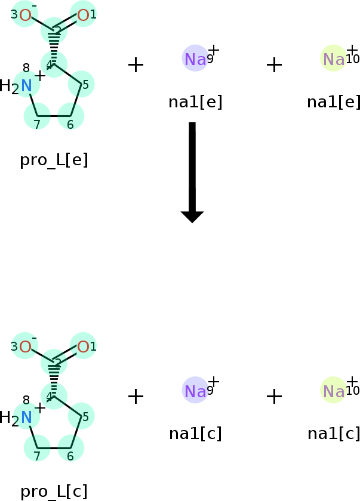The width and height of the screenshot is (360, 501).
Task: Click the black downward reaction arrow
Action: click(x=192, y=172)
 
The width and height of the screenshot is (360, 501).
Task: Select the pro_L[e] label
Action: click(x=54, y=160)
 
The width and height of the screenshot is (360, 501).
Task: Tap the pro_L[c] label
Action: click(x=54, y=491)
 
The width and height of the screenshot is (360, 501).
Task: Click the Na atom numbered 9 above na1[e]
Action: click(x=195, y=59)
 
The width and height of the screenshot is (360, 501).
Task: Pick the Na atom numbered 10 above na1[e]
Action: click(x=334, y=59)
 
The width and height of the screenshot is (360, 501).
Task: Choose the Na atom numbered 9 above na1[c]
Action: click(x=195, y=391)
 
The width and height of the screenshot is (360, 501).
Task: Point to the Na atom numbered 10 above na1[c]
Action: click(x=334, y=391)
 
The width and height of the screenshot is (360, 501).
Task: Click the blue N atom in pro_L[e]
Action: click(x=26, y=86)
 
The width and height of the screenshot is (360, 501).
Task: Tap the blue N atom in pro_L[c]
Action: click(x=26, y=417)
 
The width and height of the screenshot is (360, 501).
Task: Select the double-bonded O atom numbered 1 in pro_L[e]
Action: click(x=83, y=15)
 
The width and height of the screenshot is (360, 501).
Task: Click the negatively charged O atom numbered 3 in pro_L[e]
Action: click(x=25, y=15)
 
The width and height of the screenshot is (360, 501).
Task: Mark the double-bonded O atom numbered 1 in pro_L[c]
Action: click(x=83, y=347)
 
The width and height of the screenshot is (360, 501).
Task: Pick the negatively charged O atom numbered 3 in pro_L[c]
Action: click(x=25, y=347)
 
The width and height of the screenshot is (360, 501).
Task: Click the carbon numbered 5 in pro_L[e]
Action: click(x=81, y=84)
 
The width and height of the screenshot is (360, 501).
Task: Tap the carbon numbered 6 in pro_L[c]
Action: click(x=70, y=448)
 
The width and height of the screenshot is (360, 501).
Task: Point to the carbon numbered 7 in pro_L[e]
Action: click(x=37, y=116)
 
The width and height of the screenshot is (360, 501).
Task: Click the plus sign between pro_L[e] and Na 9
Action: click(x=136, y=65)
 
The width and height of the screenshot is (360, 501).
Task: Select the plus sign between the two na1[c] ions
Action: click(x=274, y=397)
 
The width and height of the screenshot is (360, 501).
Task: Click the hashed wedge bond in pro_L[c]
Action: click(x=54, y=379)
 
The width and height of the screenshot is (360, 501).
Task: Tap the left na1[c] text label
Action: click(x=195, y=434)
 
